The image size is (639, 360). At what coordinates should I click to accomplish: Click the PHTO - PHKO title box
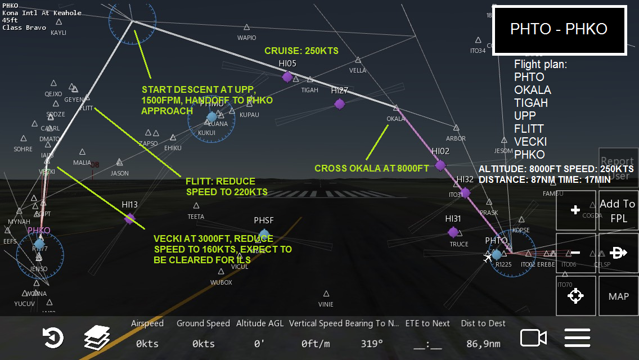pos(559,30)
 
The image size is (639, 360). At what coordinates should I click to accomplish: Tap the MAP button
pos(618,296)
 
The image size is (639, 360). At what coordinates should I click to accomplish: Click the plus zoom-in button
pos(575,210)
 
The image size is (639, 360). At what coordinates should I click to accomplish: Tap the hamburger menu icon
pos(577,337)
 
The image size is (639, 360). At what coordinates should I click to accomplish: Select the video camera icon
pos(533,337)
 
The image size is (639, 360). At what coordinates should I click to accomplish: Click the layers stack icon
pos(97,338)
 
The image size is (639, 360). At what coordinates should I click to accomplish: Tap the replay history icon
pos(53,338)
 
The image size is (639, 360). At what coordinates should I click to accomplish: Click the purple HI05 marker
pos(287,76)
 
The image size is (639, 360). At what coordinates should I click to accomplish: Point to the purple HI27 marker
pos(339,103)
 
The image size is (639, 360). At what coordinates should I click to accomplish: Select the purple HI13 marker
pos(130,218)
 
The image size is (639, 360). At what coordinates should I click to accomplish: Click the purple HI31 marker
pos(453,232)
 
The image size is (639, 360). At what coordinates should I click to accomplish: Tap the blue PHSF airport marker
pos(264,235)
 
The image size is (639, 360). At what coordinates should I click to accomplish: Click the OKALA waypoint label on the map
pos(395,119)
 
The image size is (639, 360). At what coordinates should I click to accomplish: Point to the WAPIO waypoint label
pos(246,38)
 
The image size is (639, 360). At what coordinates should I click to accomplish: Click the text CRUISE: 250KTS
pos(301,51)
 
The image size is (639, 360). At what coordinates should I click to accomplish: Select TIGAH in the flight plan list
pos(530,103)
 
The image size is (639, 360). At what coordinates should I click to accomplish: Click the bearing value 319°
pos(371,344)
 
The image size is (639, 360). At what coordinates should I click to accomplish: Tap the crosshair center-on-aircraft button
pos(575,296)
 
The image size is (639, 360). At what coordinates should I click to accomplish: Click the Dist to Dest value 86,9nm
pos(483,344)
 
